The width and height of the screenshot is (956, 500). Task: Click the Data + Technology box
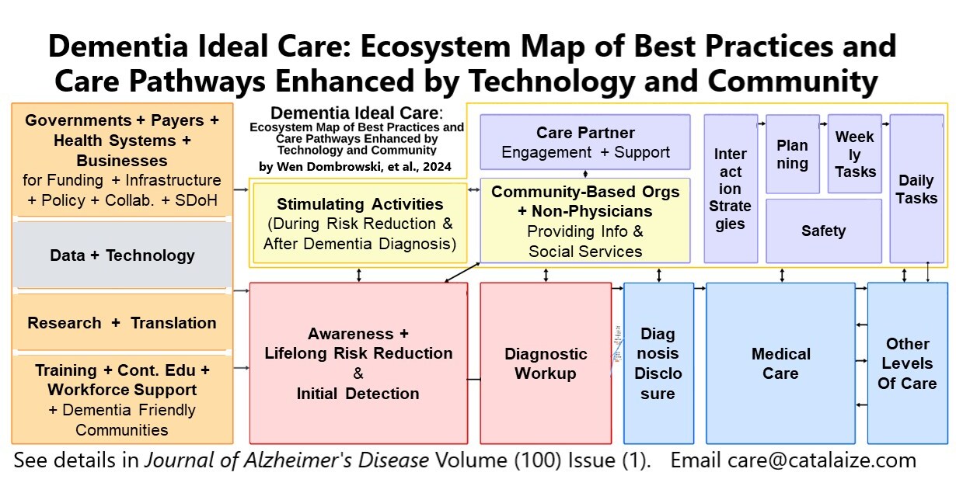tap(122, 255)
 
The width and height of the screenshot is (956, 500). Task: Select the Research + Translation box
tap(122, 322)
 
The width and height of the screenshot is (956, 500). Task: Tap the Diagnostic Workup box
tap(546, 363)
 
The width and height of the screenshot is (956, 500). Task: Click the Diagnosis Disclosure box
tap(658, 363)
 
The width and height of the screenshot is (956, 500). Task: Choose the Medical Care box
tap(780, 363)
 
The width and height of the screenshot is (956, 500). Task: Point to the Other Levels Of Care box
tap(906, 363)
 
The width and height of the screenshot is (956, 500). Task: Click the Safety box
tap(823, 231)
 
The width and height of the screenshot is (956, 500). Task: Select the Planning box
tap(792, 154)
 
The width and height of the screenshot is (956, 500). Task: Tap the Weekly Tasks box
tap(854, 154)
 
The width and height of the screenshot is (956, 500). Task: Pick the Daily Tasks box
tap(916, 189)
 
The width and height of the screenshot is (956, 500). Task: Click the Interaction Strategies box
tap(730, 189)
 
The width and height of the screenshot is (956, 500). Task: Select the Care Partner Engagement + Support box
tap(584, 142)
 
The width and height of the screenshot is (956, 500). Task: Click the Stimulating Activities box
tap(359, 224)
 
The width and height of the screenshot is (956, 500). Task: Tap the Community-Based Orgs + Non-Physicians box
tap(584, 220)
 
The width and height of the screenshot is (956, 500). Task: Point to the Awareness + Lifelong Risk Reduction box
tap(358, 363)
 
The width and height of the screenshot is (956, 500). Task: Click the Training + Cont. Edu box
tap(122, 399)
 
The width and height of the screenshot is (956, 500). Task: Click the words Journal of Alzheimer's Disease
tap(286, 460)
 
